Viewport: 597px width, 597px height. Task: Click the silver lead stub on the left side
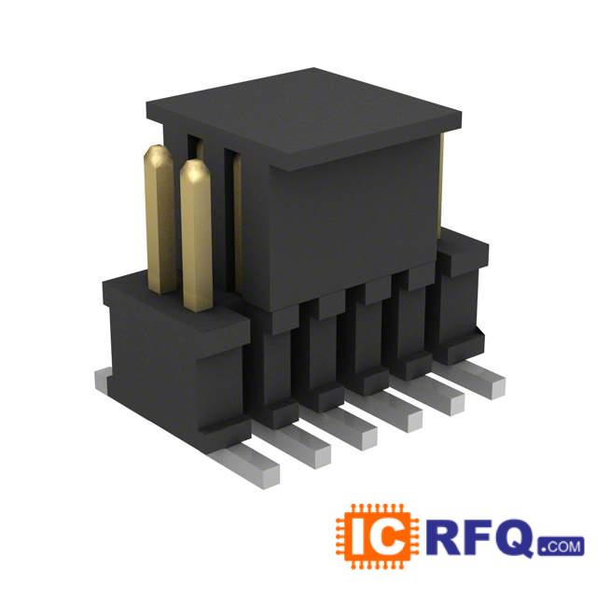click(101, 380)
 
